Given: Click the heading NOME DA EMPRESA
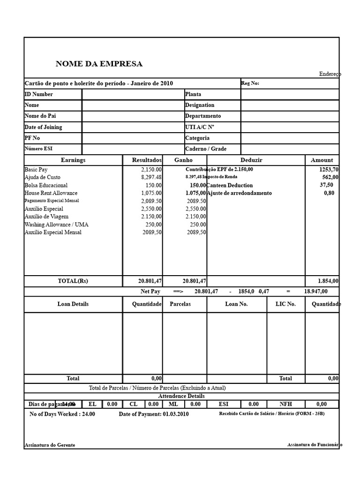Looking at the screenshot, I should [99, 64].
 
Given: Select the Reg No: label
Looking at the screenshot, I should [250, 83].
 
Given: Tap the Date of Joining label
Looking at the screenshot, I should [43, 127].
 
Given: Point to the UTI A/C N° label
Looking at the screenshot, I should [200, 127].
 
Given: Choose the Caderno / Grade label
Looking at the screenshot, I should [206, 149].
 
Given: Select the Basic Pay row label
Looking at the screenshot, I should [36, 169].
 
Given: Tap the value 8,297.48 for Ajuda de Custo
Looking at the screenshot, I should [151, 177].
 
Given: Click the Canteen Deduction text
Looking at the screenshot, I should [229, 185].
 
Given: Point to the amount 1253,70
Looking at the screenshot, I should [329, 169].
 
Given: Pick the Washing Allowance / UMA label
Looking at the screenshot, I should [56, 225].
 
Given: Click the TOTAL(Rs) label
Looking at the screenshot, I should [73, 281].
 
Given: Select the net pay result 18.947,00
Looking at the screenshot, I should [315, 291].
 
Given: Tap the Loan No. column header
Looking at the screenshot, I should [236, 304].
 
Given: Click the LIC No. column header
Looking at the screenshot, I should [285, 304].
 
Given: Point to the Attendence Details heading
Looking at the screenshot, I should [181, 396].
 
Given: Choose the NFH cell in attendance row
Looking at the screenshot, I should [285, 404].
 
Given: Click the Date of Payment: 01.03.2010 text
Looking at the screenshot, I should [154, 414].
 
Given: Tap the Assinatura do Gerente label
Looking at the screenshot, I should [50, 445].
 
